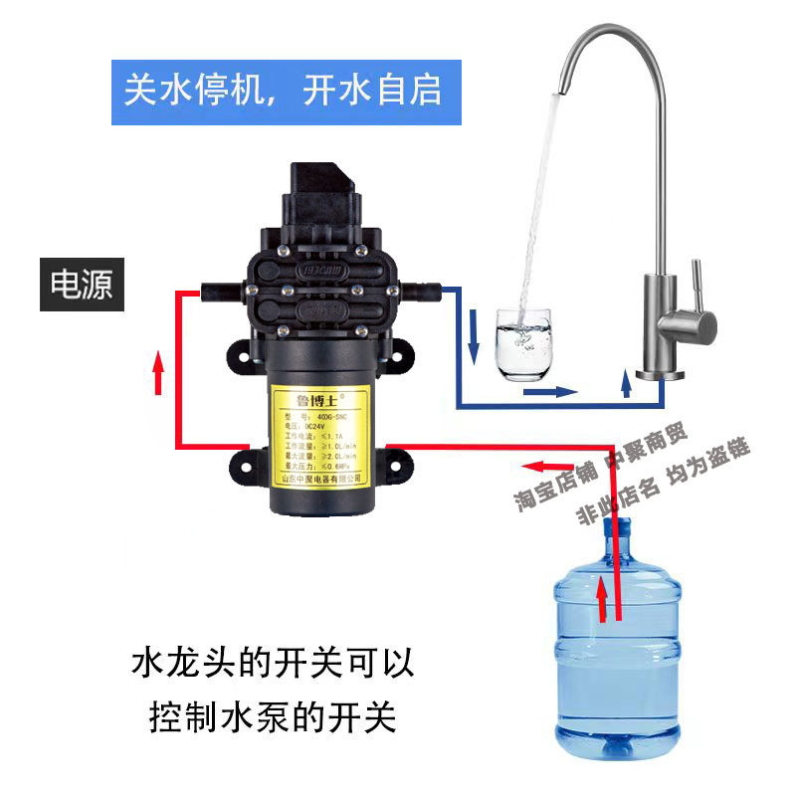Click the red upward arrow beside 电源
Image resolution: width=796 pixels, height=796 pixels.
156,375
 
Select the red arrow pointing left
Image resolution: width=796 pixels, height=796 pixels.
547,466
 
